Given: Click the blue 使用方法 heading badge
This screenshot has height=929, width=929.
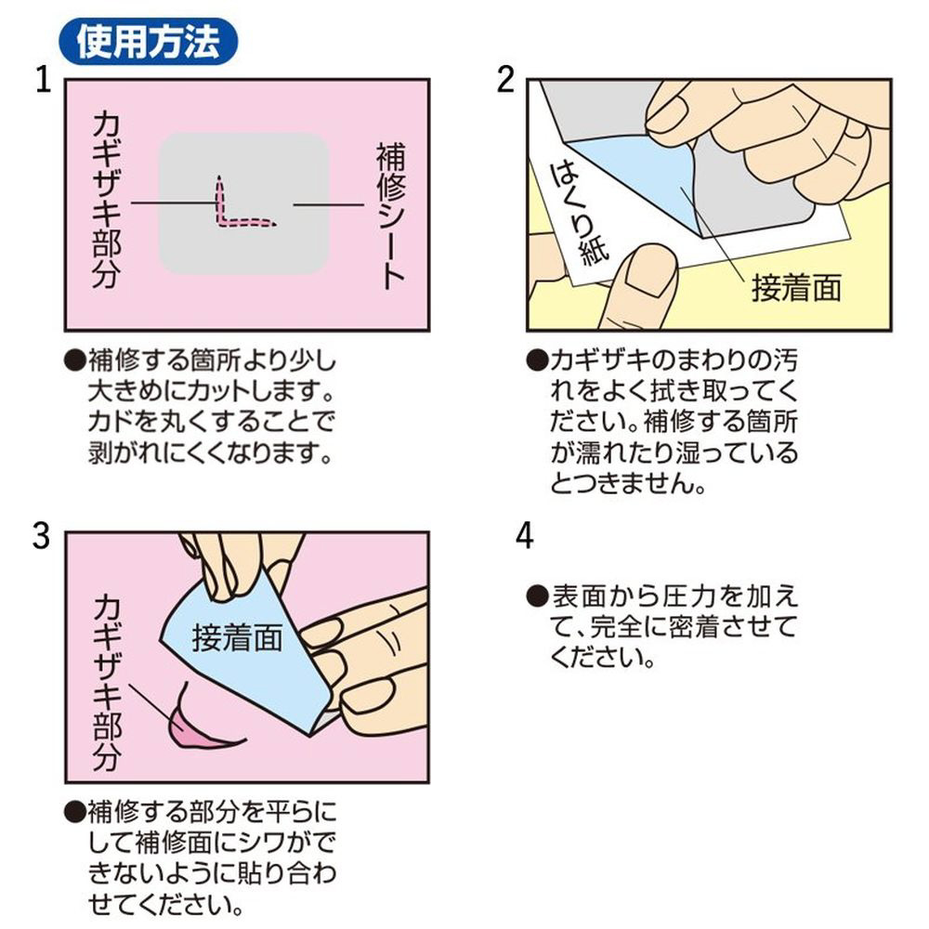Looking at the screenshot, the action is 148,42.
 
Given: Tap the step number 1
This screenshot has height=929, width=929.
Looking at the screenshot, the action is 44,80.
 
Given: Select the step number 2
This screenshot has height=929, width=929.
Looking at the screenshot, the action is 505,80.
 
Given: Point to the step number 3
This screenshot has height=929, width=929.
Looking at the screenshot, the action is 42,537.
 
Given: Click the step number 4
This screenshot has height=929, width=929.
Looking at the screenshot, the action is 524,537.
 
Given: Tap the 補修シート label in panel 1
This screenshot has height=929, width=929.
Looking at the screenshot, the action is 391,216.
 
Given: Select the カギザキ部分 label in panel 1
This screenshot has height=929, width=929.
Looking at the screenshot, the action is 107,200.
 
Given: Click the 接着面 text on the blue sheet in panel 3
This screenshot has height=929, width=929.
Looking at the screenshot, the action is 237,638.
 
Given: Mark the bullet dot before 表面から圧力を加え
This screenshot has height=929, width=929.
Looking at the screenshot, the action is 538,596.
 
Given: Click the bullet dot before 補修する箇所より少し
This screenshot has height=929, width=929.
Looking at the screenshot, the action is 75,360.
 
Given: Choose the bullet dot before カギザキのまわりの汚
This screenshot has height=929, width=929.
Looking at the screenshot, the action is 537,360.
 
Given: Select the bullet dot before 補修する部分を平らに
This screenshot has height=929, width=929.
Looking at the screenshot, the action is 75,812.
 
